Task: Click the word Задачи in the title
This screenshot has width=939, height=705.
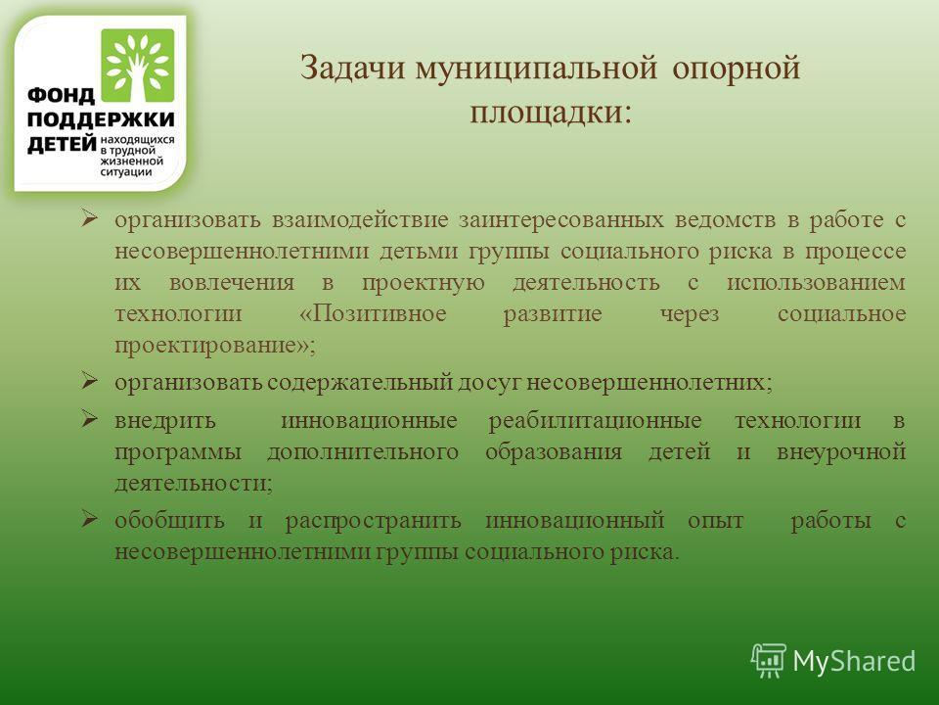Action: pos(352,68)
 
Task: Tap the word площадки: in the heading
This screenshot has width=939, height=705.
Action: pos(551,113)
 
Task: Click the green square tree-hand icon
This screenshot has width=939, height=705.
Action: pos(138,66)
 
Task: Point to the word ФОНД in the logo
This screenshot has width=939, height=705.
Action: pos(61,95)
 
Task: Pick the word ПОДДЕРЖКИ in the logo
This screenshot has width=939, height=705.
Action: pos(101,119)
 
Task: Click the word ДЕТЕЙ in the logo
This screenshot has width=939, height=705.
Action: pos(62,144)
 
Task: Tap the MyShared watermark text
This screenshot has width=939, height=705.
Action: pos(854,661)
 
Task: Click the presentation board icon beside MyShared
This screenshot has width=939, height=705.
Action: pos(769,660)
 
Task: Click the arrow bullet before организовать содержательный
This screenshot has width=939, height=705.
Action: pos(89,380)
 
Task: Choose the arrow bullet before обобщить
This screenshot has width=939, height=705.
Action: pos(89,518)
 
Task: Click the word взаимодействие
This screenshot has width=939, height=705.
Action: pos(360,219)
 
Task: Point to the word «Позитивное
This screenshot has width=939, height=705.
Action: pos(373,313)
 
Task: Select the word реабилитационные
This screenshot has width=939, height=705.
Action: pos(596,421)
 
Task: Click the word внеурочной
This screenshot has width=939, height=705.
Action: pos(841,452)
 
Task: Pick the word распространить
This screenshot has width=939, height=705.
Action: pos(373,521)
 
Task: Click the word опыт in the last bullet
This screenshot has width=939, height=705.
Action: pos(716,521)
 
